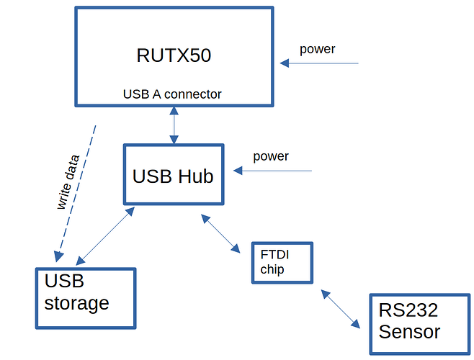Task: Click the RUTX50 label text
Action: (x=174, y=55)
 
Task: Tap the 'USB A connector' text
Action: (x=172, y=94)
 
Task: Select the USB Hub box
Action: (x=173, y=175)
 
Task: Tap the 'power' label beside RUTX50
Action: (x=318, y=50)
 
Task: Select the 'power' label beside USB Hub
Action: (x=271, y=156)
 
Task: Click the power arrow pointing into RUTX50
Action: (x=320, y=63)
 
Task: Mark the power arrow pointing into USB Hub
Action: (x=274, y=171)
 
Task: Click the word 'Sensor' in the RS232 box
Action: (x=409, y=333)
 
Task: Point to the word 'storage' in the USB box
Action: (x=76, y=303)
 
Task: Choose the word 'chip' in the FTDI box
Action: (x=273, y=270)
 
